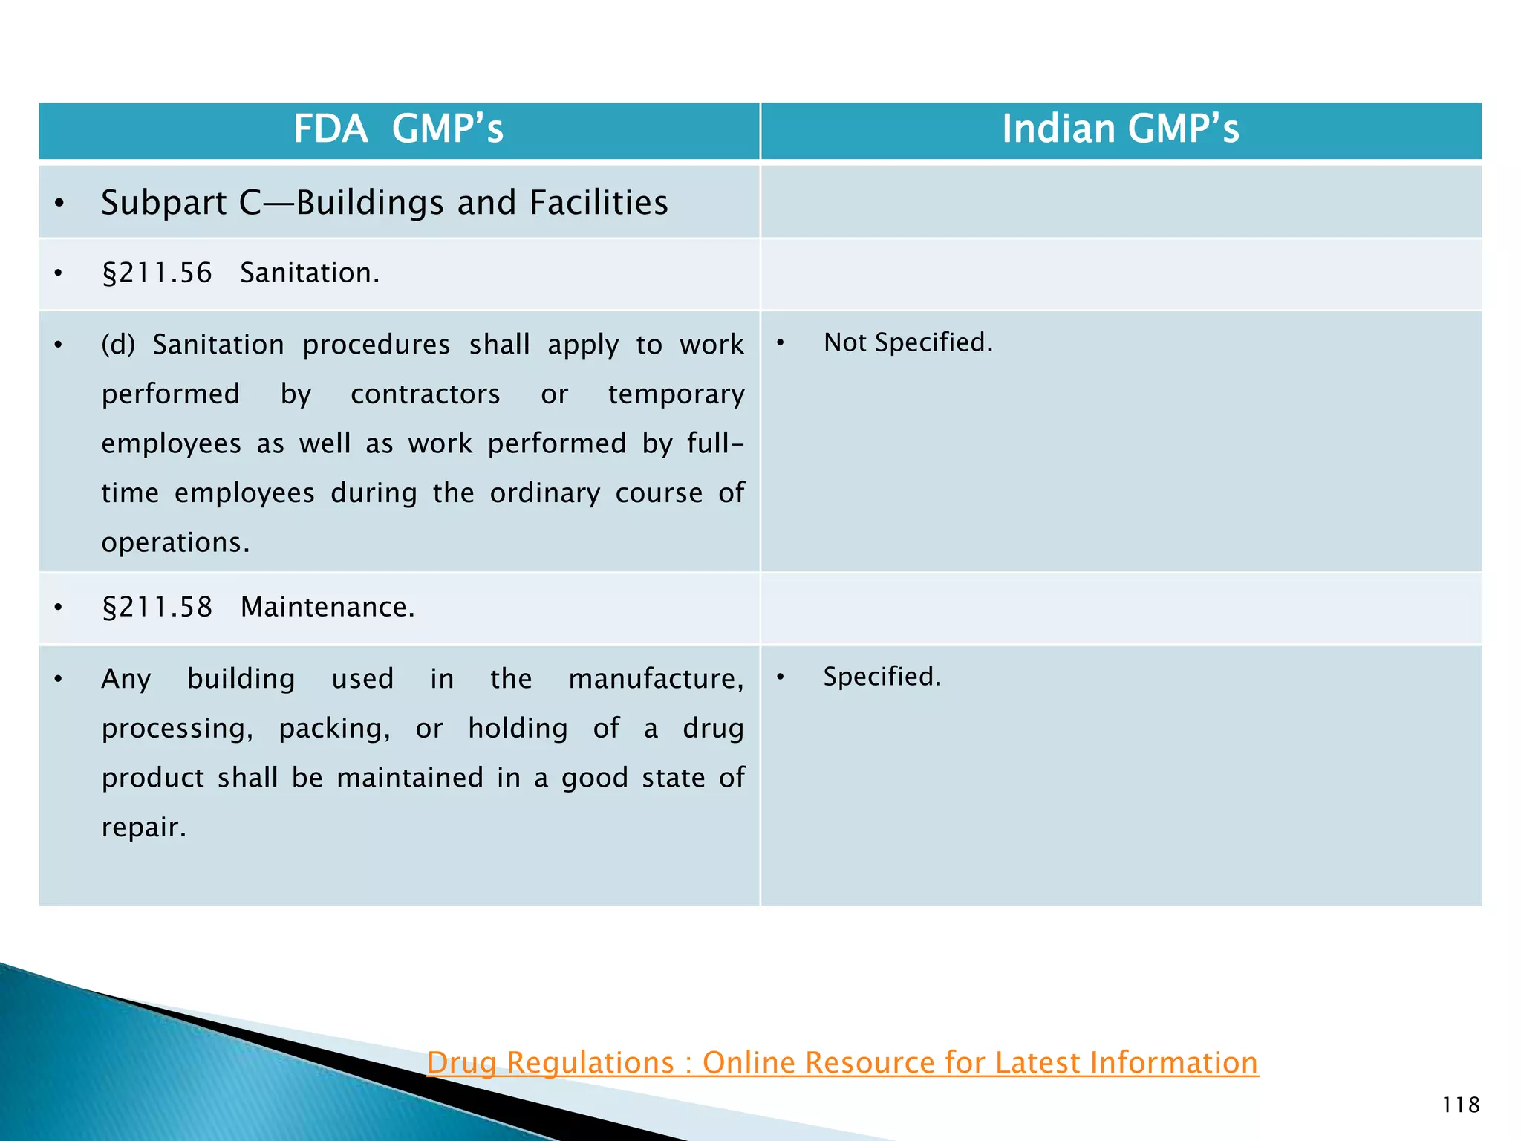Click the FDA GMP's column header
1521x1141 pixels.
[398, 129]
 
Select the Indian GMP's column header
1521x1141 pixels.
[1120, 129]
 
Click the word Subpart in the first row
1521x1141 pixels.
[163, 204]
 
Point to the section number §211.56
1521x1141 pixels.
[157, 273]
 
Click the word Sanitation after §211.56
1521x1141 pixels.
[309, 273]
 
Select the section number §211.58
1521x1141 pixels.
[157, 608]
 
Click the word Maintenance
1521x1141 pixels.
[327, 608]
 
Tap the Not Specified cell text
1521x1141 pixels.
[908, 342]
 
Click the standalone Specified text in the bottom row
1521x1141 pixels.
[882, 677]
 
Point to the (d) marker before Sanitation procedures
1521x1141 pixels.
[118, 345]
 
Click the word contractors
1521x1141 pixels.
[425, 394]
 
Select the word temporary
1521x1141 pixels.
[676, 394]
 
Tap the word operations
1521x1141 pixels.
[175, 543]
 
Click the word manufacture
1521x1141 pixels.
[656, 680]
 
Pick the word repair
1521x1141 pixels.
[143, 828]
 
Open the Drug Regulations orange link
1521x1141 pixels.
[842, 1062]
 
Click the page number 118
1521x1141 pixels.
[1460, 1105]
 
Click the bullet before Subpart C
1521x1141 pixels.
[59, 204]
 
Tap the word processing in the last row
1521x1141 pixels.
[177, 729]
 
